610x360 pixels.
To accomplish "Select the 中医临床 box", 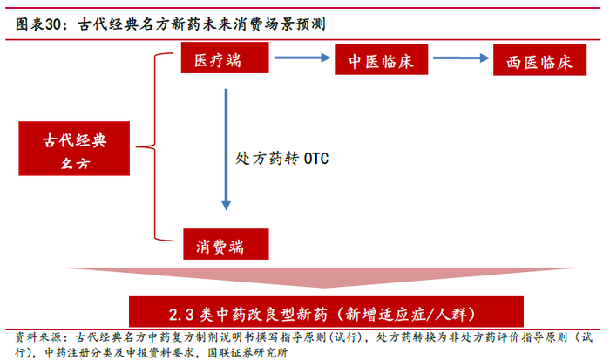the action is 379,62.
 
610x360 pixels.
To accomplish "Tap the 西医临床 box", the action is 538,63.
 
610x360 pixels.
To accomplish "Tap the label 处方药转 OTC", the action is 281,160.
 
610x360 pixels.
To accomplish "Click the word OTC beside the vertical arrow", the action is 315,160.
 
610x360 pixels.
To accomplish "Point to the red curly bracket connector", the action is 157,146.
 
